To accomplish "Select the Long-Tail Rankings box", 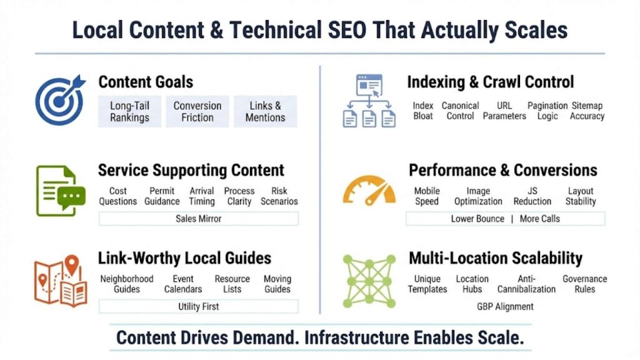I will point(129,111).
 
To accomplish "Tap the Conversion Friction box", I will point(197,111).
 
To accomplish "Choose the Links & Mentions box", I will point(265,111).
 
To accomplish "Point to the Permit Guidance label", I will point(162,196).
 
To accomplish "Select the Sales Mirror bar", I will point(198,219).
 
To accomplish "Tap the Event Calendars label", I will point(183,284).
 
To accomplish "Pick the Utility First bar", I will point(198,306).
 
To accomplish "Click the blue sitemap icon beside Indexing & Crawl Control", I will point(369,100).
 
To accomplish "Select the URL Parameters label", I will point(504,111).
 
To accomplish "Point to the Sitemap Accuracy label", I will point(587,111).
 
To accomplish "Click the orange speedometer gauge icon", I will point(369,191).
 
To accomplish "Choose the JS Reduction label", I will point(532,196).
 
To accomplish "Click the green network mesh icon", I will point(369,281).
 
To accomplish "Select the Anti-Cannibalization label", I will point(526,284).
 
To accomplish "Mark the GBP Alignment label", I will point(505,306).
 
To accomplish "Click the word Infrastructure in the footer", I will point(354,338).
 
